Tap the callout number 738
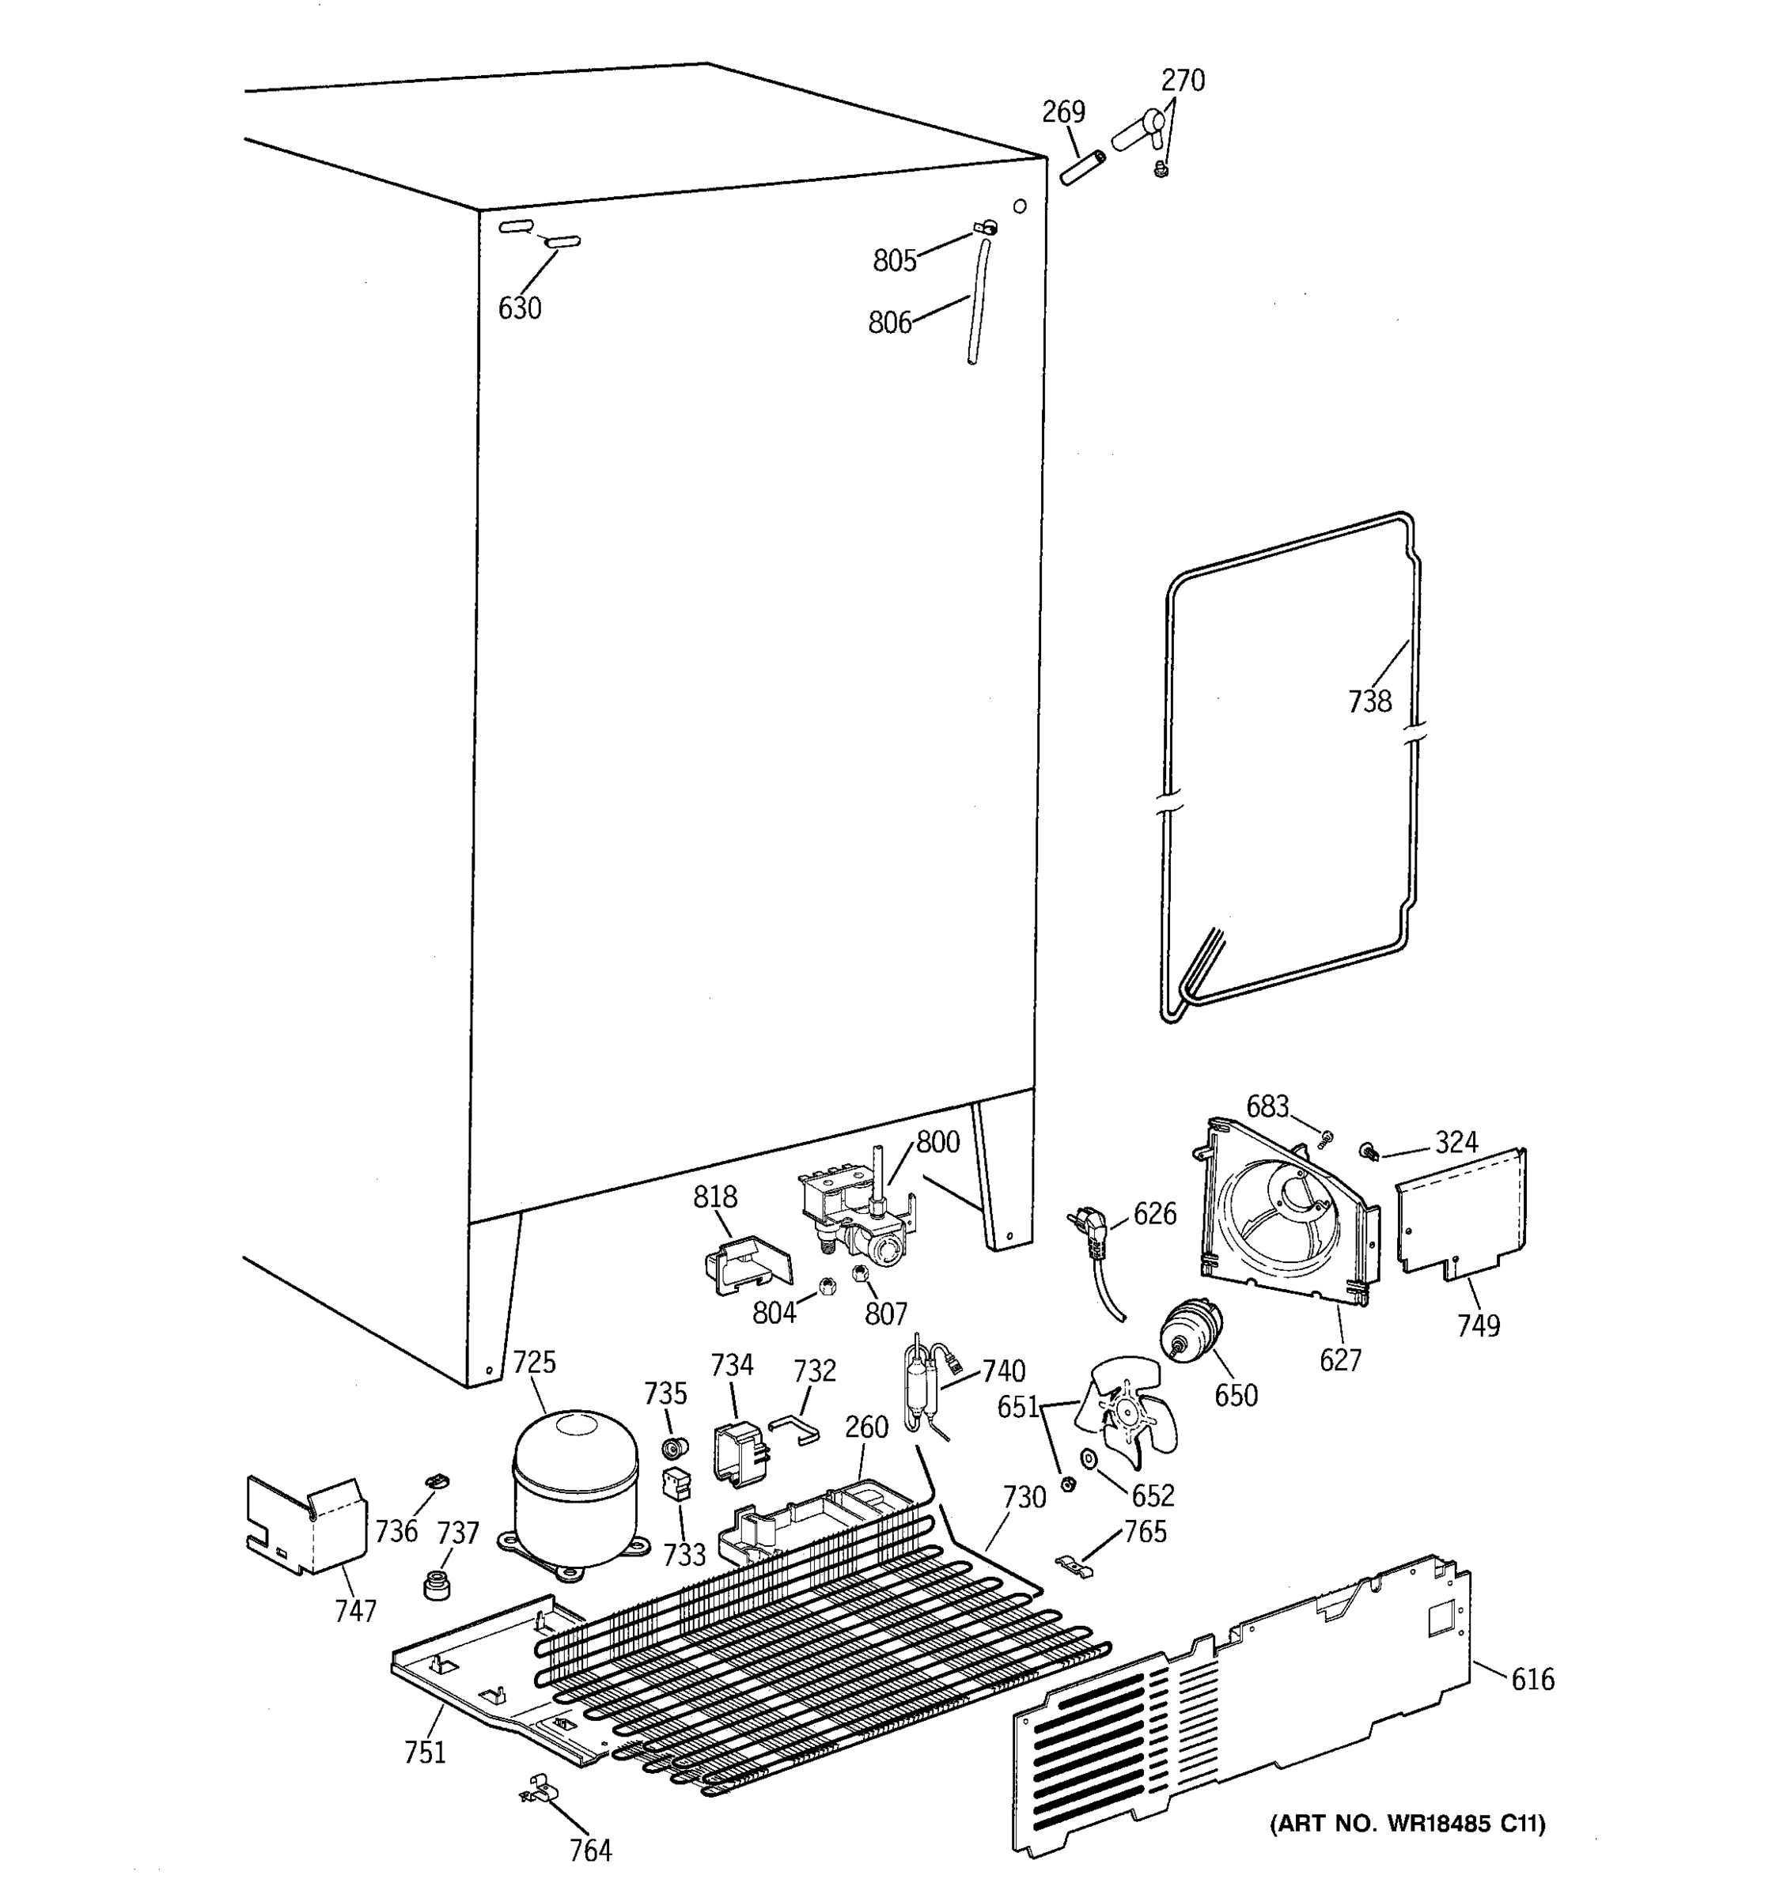(x=1369, y=701)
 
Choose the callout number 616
(x=1532, y=1678)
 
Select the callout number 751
(x=425, y=1752)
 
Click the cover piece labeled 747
(x=305, y=1526)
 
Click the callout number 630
(x=520, y=308)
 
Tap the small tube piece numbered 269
(x=1082, y=167)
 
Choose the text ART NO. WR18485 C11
(x=1407, y=1824)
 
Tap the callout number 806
(x=889, y=323)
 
